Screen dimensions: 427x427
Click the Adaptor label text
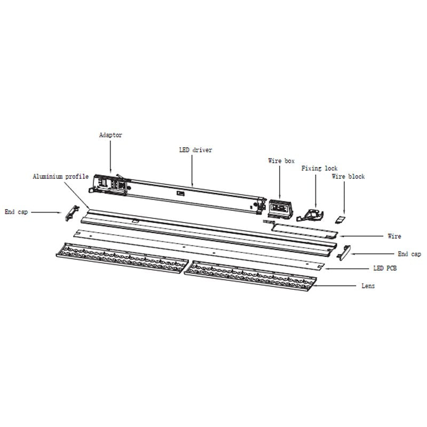pos(110,135)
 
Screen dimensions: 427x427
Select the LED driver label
pos(195,150)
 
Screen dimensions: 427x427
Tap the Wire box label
pos(281,161)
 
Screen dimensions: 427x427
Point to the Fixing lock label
pos(319,168)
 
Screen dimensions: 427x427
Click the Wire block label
pos(349,177)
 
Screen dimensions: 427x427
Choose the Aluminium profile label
pos(61,177)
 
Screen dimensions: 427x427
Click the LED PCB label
pos(385,268)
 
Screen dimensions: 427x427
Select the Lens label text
pos(368,286)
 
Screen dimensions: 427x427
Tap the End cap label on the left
pos(17,212)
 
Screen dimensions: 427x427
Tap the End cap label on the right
pos(409,254)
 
